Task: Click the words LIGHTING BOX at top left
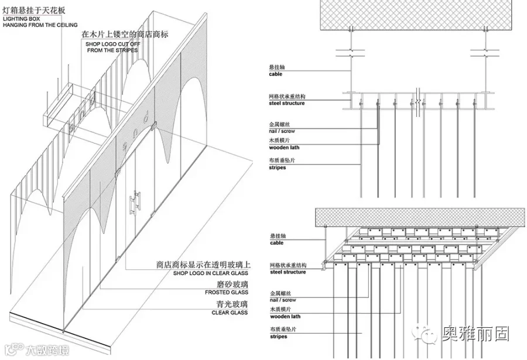pyautogui.click(x=18, y=19)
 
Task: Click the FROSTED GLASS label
pyautogui.click(x=226, y=292)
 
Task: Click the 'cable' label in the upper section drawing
pyautogui.click(x=275, y=74)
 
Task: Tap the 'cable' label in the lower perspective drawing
pyautogui.click(x=275, y=243)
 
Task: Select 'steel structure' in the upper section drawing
pyautogui.click(x=287, y=104)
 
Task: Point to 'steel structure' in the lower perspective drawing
pyautogui.click(x=287, y=272)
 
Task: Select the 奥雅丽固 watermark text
pyautogui.click(x=475, y=334)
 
